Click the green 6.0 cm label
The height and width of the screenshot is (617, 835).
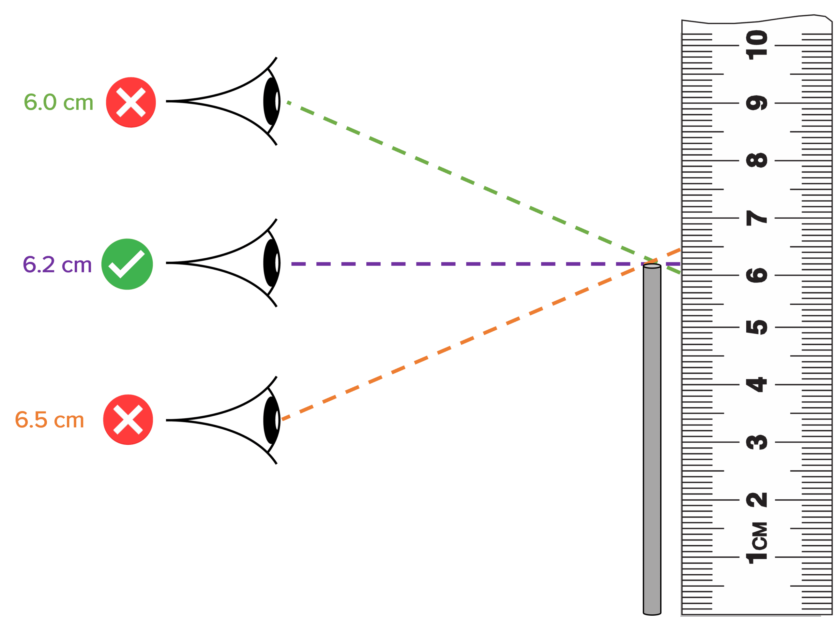[x=58, y=102]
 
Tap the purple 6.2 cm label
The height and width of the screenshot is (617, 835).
[x=57, y=265]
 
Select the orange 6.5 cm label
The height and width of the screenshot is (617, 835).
[x=49, y=420]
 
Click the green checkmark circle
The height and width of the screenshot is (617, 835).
[x=127, y=264]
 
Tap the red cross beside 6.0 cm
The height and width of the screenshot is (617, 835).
[x=130, y=102]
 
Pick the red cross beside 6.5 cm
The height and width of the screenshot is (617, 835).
[x=128, y=420]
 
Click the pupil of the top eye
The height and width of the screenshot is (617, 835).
[x=271, y=101]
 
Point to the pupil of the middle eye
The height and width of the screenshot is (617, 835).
[x=271, y=263]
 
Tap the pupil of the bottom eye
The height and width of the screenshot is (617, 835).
[x=271, y=420]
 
